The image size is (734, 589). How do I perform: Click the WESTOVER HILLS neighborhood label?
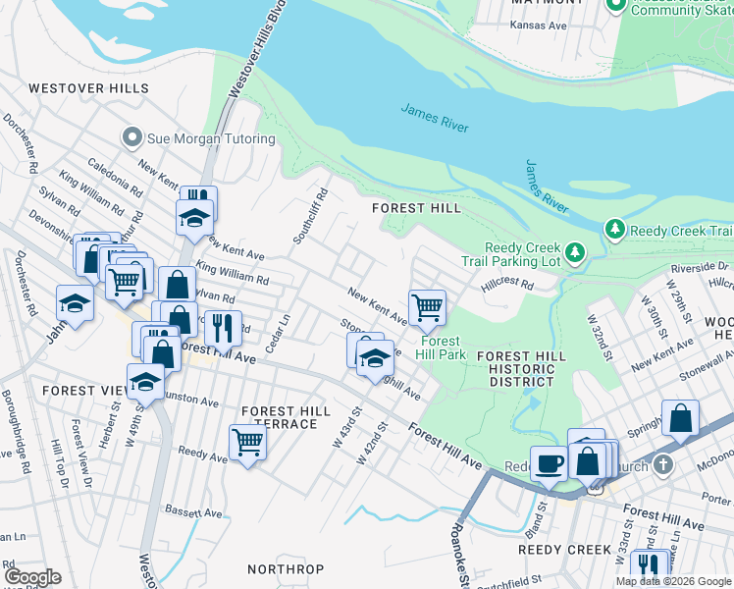coord(88,88)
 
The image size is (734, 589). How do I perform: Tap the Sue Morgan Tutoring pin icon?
coord(132,138)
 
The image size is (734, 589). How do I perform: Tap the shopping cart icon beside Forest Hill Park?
coord(427,307)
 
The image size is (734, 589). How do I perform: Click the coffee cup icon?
coord(549,462)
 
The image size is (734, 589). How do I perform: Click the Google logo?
coord(32,576)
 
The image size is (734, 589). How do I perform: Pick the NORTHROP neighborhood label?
coord(286,569)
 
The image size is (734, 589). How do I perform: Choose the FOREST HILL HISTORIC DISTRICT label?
coord(516,369)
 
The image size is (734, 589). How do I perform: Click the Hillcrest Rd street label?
coord(506,285)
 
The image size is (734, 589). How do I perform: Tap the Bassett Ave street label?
coord(193,512)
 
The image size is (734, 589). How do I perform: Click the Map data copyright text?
coord(674,581)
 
